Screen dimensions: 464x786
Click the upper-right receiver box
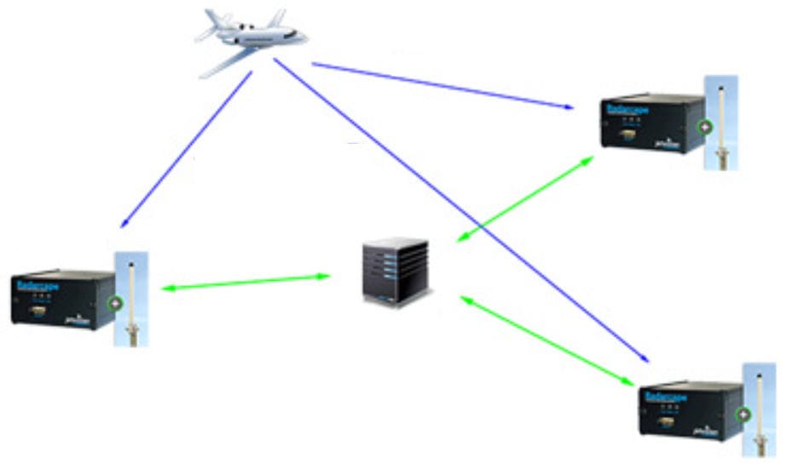coord(653,123)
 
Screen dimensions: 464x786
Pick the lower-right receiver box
coord(691,410)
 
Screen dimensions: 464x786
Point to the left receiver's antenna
coord(132,298)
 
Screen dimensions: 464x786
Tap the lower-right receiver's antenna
coord(759,409)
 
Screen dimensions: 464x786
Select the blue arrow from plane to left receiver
coord(187,150)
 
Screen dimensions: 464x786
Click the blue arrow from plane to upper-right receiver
coord(443,85)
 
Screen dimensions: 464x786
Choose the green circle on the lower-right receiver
coord(743,415)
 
